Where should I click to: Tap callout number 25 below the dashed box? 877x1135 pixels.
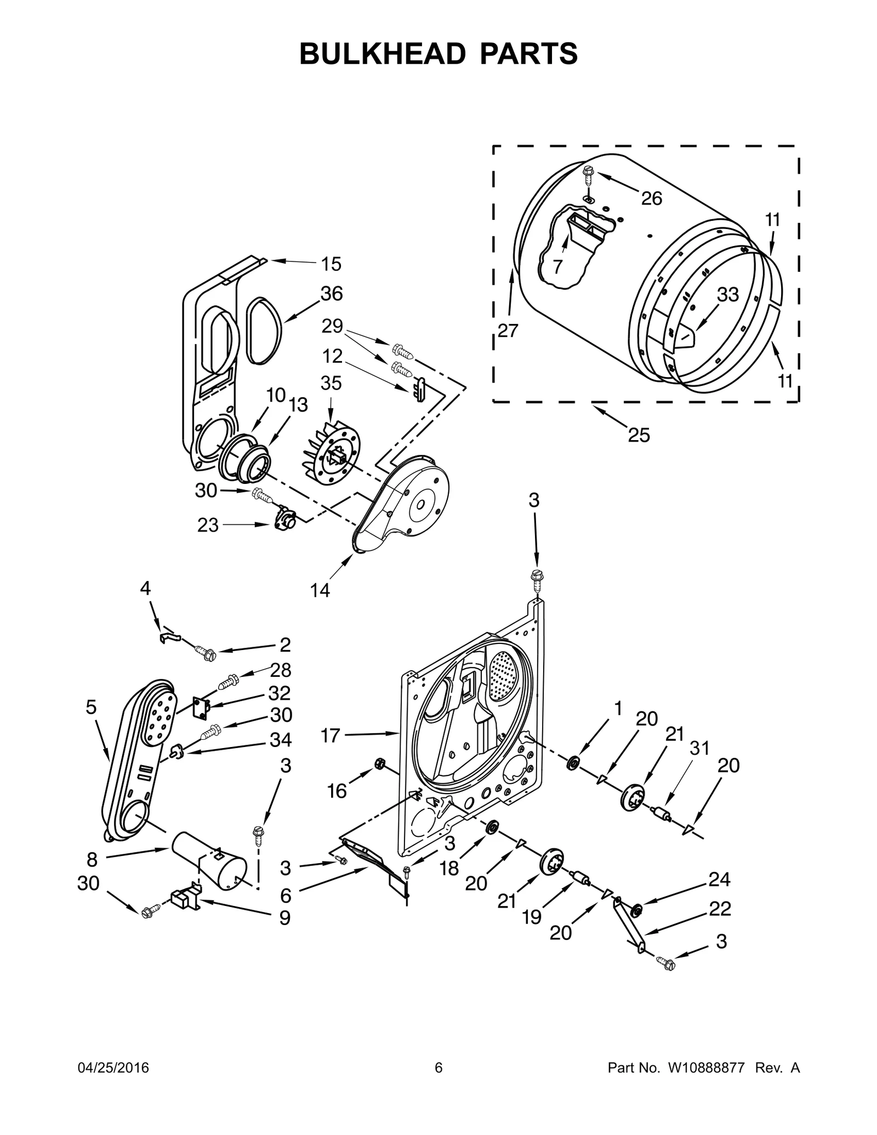click(639, 436)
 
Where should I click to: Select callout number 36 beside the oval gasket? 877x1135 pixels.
click(332, 294)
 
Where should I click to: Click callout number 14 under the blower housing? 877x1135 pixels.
click(320, 590)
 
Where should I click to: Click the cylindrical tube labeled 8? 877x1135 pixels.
click(208, 871)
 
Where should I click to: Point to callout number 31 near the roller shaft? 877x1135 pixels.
click(699, 748)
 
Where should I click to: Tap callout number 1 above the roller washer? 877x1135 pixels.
click(618, 709)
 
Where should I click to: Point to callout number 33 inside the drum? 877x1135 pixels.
click(728, 295)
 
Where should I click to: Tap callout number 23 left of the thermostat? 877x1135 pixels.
click(208, 525)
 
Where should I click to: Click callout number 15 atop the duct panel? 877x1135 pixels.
click(331, 264)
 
